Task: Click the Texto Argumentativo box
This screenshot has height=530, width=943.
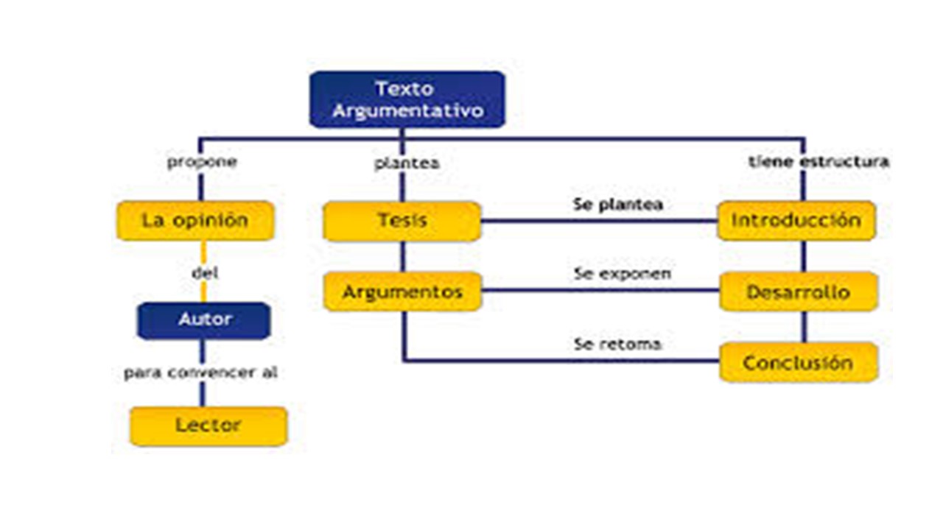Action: point(407,99)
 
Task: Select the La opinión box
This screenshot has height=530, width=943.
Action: point(196,221)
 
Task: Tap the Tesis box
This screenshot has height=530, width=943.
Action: point(402,222)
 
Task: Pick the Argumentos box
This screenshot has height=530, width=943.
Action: point(402,291)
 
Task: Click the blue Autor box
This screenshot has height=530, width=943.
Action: point(204,320)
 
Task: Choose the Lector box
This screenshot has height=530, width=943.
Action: point(208,426)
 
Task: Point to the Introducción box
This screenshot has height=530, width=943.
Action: point(796,221)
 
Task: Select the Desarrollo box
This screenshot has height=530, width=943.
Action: point(799,292)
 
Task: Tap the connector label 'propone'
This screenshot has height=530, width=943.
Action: point(202,161)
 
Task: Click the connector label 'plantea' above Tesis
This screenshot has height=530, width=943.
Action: point(407,163)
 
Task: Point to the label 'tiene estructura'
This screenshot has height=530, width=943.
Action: point(818,161)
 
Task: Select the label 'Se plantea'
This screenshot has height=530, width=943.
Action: point(618,205)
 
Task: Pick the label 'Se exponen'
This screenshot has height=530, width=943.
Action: point(623,274)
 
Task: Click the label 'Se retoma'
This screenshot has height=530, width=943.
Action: point(617,344)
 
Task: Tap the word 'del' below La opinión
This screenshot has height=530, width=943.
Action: point(205,273)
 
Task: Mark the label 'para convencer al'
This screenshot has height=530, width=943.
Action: point(201,372)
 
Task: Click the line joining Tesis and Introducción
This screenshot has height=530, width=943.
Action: point(599,221)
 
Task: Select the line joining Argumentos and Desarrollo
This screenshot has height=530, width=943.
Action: point(600,289)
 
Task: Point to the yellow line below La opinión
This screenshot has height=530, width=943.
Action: point(204,272)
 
